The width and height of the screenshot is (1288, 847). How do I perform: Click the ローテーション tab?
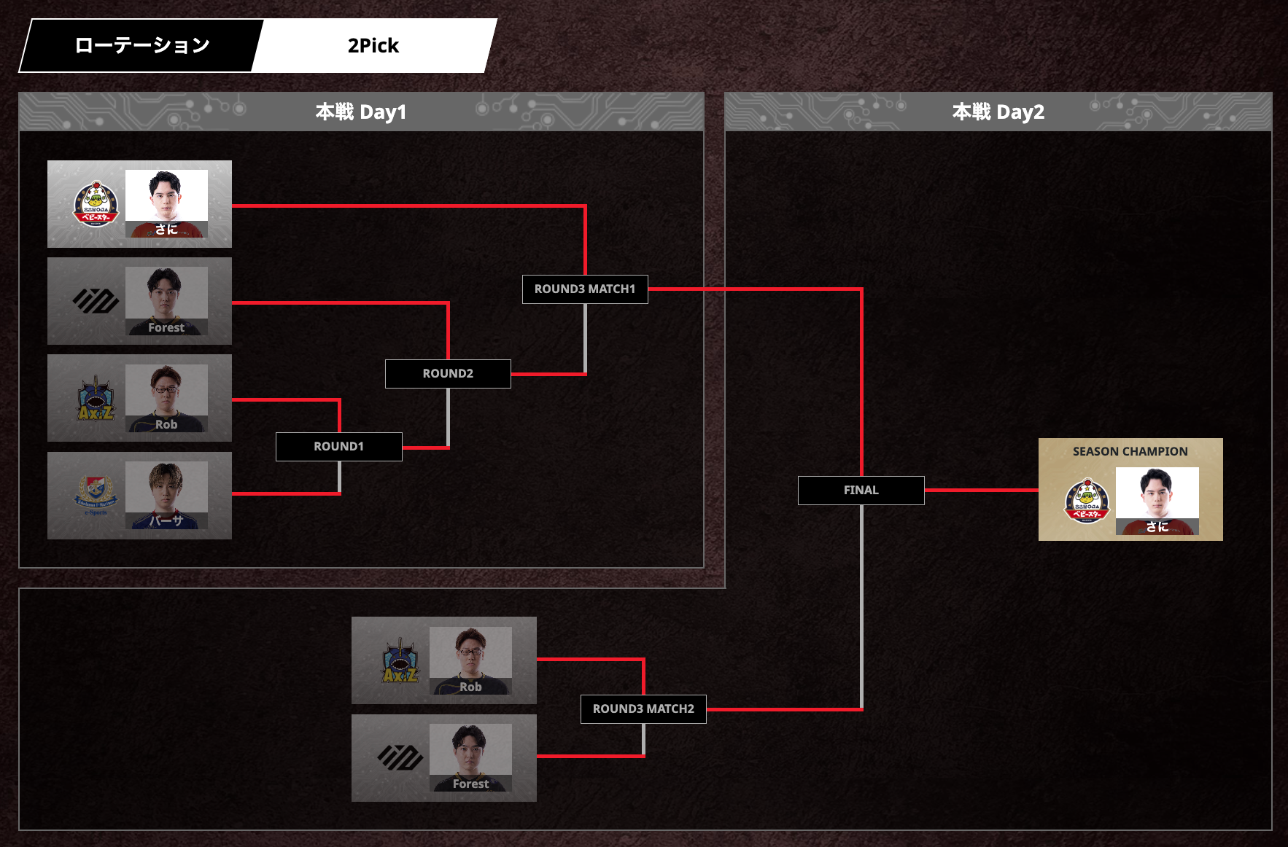(x=142, y=46)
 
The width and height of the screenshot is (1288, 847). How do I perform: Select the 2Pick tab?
(x=373, y=46)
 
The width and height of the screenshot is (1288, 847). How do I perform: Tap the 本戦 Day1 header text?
(x=361, y=112)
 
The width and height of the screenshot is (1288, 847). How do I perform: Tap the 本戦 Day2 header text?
(x=998, y=112)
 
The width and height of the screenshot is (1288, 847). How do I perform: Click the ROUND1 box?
(x=338, y=446)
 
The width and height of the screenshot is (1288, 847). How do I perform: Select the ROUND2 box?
(x=448, y=373)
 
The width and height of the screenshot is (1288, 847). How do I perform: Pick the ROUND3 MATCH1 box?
(x=585, y=289)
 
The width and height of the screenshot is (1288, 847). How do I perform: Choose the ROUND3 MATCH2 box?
(x=643, y=709)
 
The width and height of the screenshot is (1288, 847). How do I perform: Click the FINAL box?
(x=861, y=490)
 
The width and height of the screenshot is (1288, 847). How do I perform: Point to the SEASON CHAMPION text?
(x=1130, y=452)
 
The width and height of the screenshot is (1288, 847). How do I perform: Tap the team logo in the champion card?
(x=1087, y=501)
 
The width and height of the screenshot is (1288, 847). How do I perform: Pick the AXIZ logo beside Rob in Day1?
(x=96, y=399)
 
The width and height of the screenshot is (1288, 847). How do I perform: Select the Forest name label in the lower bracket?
(x=470, y=784)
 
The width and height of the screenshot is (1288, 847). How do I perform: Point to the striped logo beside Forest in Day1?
(x=96, y=300)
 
